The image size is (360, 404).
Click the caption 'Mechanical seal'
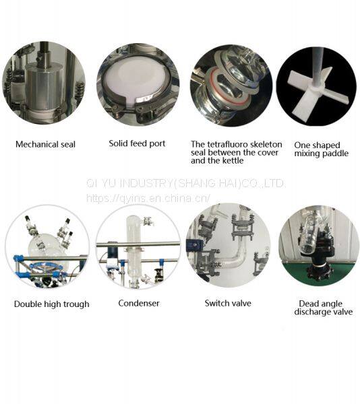(x=45, y=144)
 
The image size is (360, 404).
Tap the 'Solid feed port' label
(x=137, y=143)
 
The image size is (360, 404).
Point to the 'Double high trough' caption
(x=52, y=304)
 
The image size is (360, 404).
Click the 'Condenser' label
(x=139, y=303)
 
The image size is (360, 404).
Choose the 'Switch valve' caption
(x=228, y=303)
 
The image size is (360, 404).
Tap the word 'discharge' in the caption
(x=310, y=312)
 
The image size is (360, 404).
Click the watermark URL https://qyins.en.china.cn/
(x=148, y=198)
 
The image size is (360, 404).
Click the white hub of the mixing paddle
(x=317, y=89)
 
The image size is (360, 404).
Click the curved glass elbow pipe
(x=232, y=259)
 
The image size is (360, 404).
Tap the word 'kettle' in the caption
(x=233, y=161)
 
